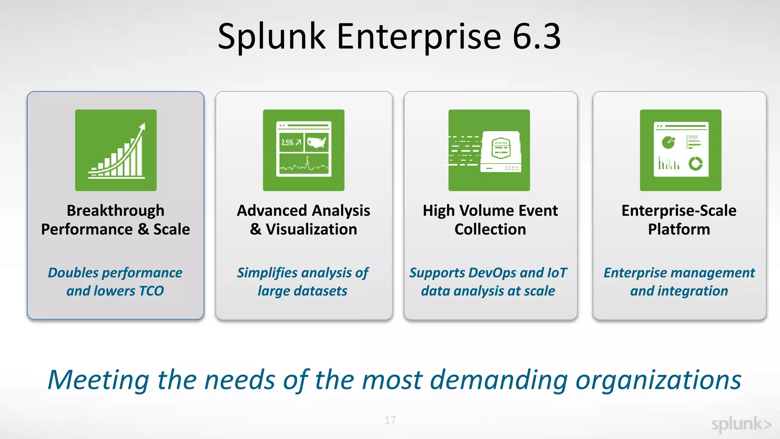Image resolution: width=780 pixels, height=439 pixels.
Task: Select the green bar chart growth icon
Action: (116, 150)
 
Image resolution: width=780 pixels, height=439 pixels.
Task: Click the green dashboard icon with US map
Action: (304, 150)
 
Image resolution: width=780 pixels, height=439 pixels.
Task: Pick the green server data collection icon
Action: (489, 150)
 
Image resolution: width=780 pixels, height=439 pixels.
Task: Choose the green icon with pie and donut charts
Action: (681, 150)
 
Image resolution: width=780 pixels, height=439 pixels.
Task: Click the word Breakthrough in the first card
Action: (115, 211)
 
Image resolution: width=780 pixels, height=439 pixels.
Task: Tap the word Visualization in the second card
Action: (311, 229)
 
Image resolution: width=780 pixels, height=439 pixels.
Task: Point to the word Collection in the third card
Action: (490, 229)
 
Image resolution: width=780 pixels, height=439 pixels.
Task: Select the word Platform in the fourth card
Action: (679, 229)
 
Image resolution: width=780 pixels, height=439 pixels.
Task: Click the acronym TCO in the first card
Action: (151, 291)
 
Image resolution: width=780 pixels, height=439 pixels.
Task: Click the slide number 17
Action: (390, 420)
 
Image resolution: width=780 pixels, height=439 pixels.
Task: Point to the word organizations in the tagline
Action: (658, 380)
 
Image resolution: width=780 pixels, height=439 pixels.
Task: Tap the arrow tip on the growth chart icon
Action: (144, 125)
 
